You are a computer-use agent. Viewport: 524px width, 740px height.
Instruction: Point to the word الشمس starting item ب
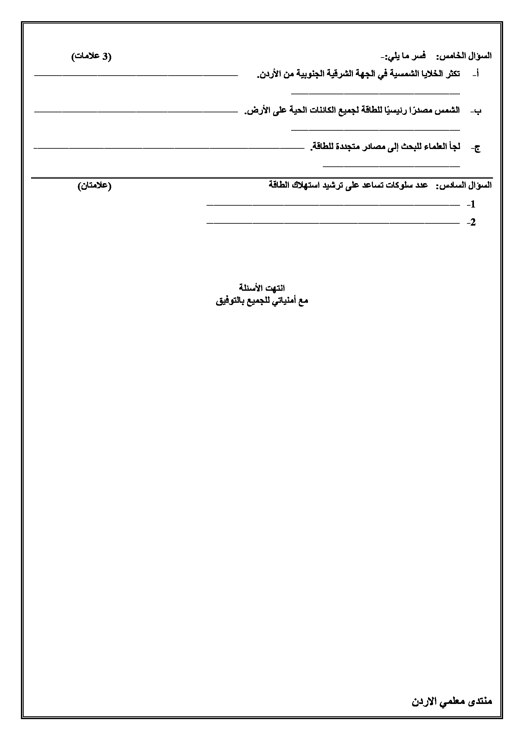[447, 110]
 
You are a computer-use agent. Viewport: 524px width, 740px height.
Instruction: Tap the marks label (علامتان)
[94, 186]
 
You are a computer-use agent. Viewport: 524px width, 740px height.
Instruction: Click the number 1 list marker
[472, 204]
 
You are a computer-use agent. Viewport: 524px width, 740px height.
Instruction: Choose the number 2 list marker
[472, 222]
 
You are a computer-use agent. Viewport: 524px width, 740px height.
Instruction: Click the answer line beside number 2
[332, 223]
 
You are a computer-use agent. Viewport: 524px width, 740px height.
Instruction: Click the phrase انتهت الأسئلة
[262, 288]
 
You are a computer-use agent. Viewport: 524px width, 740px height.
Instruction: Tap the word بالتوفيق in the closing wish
[229, 301]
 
